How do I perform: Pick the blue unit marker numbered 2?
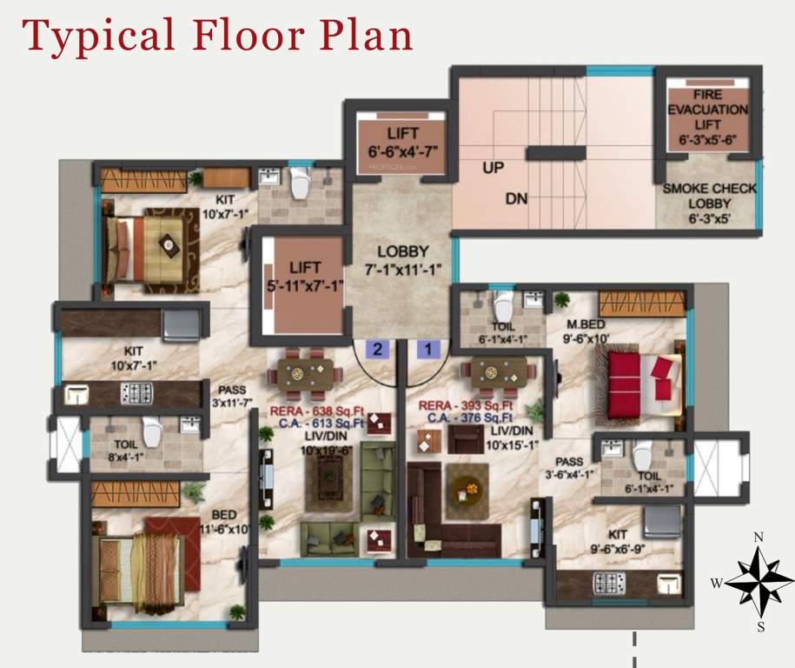coord(378,350)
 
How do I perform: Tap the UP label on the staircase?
coord(493,168)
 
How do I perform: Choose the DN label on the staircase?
coord(517,199)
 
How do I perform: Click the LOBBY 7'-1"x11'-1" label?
coord(403,259)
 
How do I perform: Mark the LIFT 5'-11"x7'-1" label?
coord(305,276)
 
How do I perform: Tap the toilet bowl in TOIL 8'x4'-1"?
coord(152,431)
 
